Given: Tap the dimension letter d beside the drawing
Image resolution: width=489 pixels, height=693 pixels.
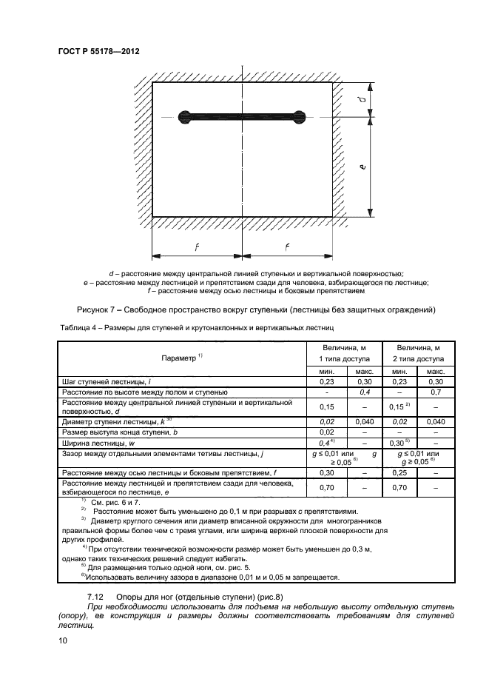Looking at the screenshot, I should pyautogui.click(x=370, y=99).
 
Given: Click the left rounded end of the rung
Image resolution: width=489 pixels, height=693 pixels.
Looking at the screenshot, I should pyautogui.click(x=184, y=115).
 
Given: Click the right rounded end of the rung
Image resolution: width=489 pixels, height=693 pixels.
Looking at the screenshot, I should pyautogui.click(x=298, y=115).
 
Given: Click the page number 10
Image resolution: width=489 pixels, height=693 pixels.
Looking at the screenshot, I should pyautogui.click(x=63, y=641).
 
